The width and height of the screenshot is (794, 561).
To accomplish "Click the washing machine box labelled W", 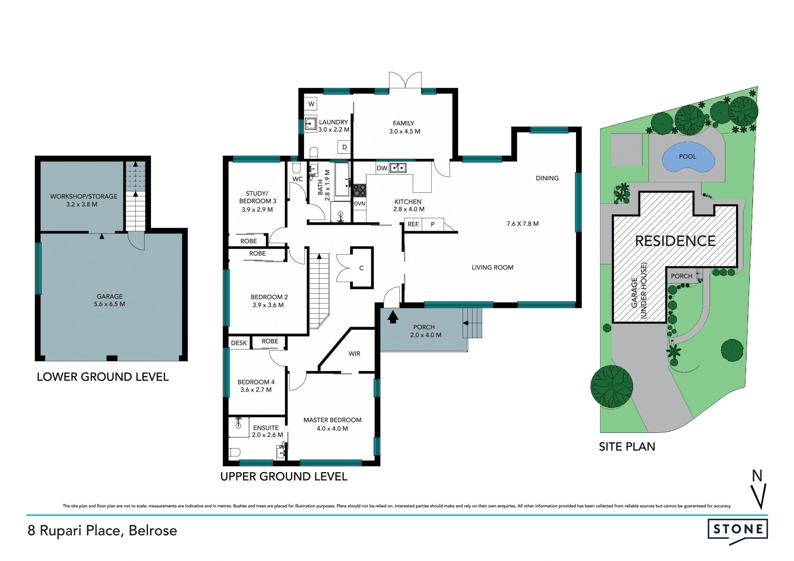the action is pos(311,104).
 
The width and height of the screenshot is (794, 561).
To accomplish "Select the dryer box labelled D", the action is pos(344,147).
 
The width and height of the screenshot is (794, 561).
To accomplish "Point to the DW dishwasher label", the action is pos(382,168).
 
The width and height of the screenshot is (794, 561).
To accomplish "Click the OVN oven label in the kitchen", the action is pos(359,204).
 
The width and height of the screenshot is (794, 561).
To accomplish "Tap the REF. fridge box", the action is pos(414,224).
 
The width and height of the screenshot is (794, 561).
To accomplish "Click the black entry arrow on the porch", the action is pos(393,317).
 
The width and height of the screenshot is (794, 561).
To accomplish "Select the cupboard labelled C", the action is pos(362,268).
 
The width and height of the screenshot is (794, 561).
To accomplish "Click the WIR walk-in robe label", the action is pos(354,354).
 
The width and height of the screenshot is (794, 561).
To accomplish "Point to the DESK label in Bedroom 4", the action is pos(239,343).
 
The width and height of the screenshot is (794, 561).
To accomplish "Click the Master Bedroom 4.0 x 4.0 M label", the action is pos(332,424).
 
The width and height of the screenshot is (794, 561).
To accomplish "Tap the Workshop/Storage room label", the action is pos(84,200).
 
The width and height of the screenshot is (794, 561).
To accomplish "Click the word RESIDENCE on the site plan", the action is pos(675,241).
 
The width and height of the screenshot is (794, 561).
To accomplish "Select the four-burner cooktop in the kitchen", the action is pos(359,191).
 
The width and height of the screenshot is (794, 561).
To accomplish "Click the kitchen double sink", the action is pos(398,168).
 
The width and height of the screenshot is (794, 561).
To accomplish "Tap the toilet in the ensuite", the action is pos(234,452).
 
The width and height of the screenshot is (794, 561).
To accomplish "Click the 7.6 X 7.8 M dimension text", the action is pos(523,224).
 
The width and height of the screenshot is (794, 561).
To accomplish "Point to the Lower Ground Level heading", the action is pos(103,377).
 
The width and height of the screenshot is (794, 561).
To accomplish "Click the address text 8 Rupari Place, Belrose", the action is pos(102,531).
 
